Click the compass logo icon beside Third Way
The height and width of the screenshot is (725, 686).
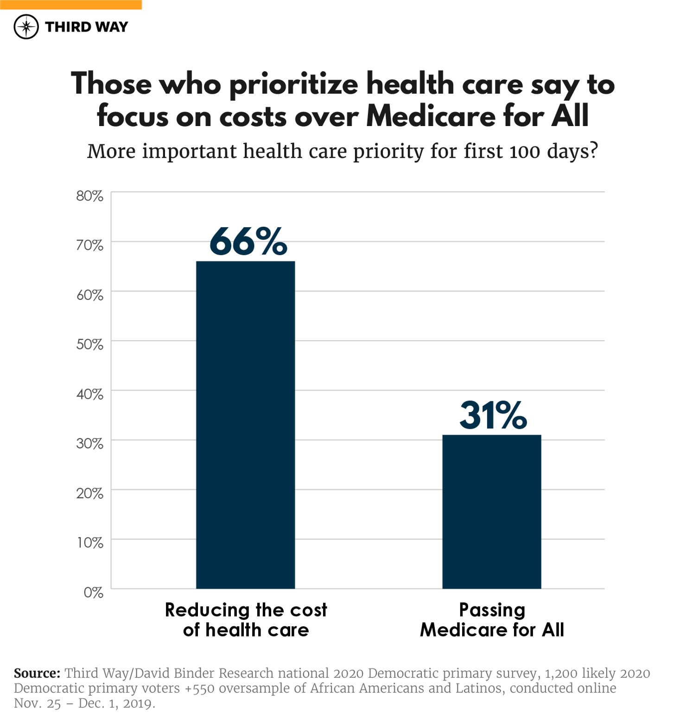click(x=26, y=27)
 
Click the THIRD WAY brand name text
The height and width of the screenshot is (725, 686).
click(x=86, y=27)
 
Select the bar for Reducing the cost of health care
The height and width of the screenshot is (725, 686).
click(x=245, y=425)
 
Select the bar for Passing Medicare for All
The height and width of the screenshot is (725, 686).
click(x=491, y=511)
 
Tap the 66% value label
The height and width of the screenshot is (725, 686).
click(x=248, y=242)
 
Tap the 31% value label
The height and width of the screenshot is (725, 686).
click(x=493, y=415)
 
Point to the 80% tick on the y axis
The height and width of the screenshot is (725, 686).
click(x=90, y=196)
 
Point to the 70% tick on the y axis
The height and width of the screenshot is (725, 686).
click(x=90, y=245)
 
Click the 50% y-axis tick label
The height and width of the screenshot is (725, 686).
click(x=90, y=344)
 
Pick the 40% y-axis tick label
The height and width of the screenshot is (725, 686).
click(x=90, y=394)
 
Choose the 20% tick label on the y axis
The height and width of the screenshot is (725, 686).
click(x=90, y=493)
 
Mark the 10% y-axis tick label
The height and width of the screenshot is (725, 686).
click(x=90, y=543)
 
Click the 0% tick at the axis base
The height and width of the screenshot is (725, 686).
click(x=93, y=592)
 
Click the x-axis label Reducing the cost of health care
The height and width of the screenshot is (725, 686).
click(x=246, y=620)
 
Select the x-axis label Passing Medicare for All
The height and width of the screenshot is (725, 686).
click(x=492, y=620)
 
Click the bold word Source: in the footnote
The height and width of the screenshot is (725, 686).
click(x=37, y=673)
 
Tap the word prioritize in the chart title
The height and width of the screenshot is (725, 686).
click(x=293, y=85)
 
